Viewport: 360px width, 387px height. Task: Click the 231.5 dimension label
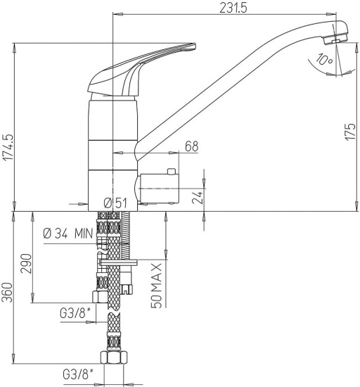233,8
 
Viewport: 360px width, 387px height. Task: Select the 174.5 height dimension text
8,147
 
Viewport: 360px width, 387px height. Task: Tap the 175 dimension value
350,132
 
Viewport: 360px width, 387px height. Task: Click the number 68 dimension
191,146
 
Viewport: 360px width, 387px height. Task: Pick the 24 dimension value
198,197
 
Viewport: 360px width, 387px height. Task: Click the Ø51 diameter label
115,203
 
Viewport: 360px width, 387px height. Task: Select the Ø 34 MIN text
68,233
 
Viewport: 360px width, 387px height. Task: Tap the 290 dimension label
27,264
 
